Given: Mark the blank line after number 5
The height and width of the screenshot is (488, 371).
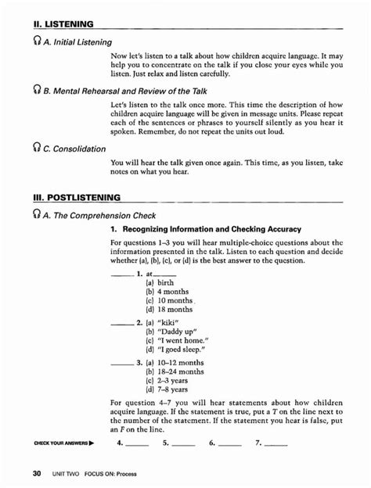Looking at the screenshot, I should tap(183, 447).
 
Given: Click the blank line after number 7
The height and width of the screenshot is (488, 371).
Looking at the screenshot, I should tap(276, 447).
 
